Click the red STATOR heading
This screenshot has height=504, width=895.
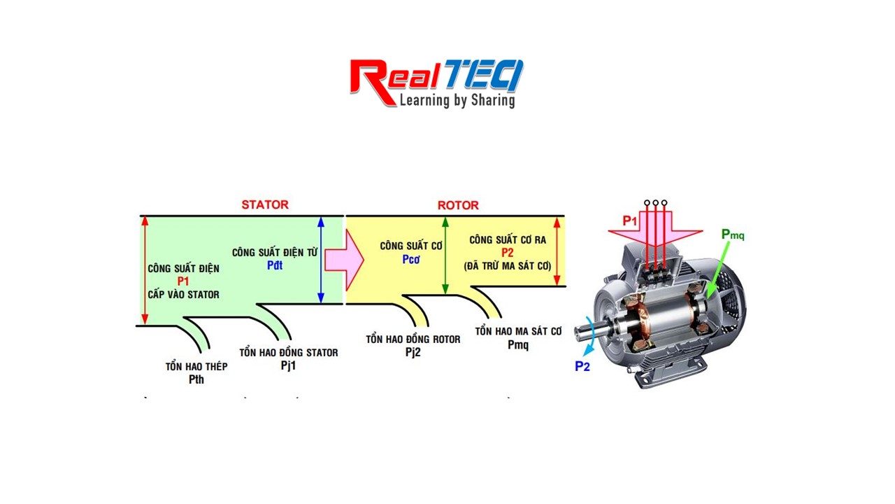pyautogui.click(x=265, y=205)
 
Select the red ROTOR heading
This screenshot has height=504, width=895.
pyautogui.click(x=458, y=205)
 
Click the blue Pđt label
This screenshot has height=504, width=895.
pyautogui.click(x=275, y=266)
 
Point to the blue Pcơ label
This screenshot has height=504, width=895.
pyautogui.click(x=411, y=259)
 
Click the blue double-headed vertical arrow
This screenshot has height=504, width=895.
pyautogui.click(x=321, y=260)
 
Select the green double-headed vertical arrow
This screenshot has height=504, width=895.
pyautogui.click(x=445, y=255)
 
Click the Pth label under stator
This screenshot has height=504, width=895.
pyautogui.click(x=196, y=379)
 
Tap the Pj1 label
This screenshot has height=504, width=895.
pyautogui.click(x=288, y=365)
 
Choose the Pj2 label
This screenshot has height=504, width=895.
pyautogui.click(x=413, y=352)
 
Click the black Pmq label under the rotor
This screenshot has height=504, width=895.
pyautogui.click(x=518, y=344)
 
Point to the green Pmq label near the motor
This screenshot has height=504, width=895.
pyautogui.click(x=733, y=234)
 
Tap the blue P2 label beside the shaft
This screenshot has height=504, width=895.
pyautogui.click(x=582, y=365)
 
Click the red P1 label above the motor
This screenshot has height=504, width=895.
pyautogui.click(x=630, y=220)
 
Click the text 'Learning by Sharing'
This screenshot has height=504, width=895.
pyautogui.click(x=457, y=100)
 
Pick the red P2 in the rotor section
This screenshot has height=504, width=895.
pyautogui.click(x=507, y=253)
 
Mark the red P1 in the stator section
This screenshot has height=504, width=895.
pyautogui.click(x=183, y=281)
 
